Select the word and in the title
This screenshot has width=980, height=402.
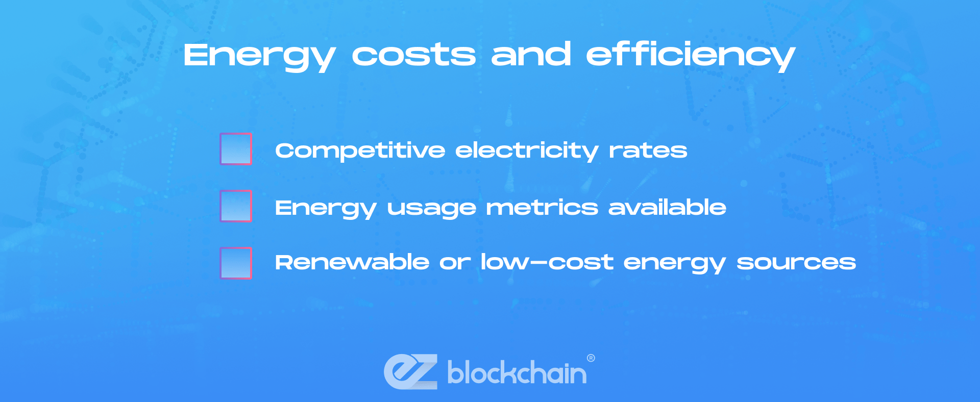(531, 54)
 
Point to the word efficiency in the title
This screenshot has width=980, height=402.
(691, 56)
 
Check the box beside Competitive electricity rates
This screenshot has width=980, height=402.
(236, 149)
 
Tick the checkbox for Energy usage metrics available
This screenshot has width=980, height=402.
(236, 206)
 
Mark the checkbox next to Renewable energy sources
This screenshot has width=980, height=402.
(236, 263)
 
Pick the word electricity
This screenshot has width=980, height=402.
(527, 152)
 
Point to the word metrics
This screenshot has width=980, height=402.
(542, 208)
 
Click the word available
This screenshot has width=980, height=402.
(667, 207)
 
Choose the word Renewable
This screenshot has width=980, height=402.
(352, 262)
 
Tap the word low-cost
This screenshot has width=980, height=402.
(547, 262)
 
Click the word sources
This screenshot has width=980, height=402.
(796, 263)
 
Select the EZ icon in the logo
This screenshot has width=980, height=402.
(410, 371)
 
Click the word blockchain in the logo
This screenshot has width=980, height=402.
(517, 372)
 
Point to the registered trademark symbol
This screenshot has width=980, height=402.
(591, 358)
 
